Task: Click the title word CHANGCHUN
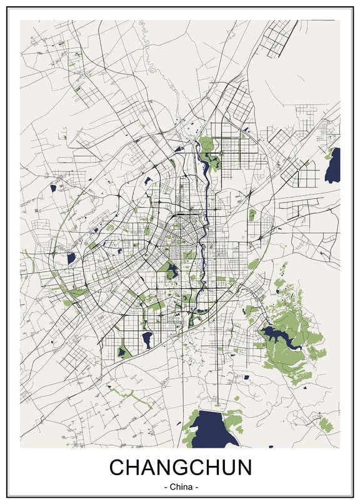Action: pyautogui.click(x=181, y=468)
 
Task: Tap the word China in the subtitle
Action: pyautogui.click(x=181, y=486)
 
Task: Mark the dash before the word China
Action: pyautogui.click(x=164, y=486)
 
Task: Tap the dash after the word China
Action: pyautogui.click(x=197, y=486)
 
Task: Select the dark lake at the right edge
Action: pyautogui.click(x=333, y=166)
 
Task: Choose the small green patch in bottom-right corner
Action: pyautogui.click(x=324, y=425)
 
